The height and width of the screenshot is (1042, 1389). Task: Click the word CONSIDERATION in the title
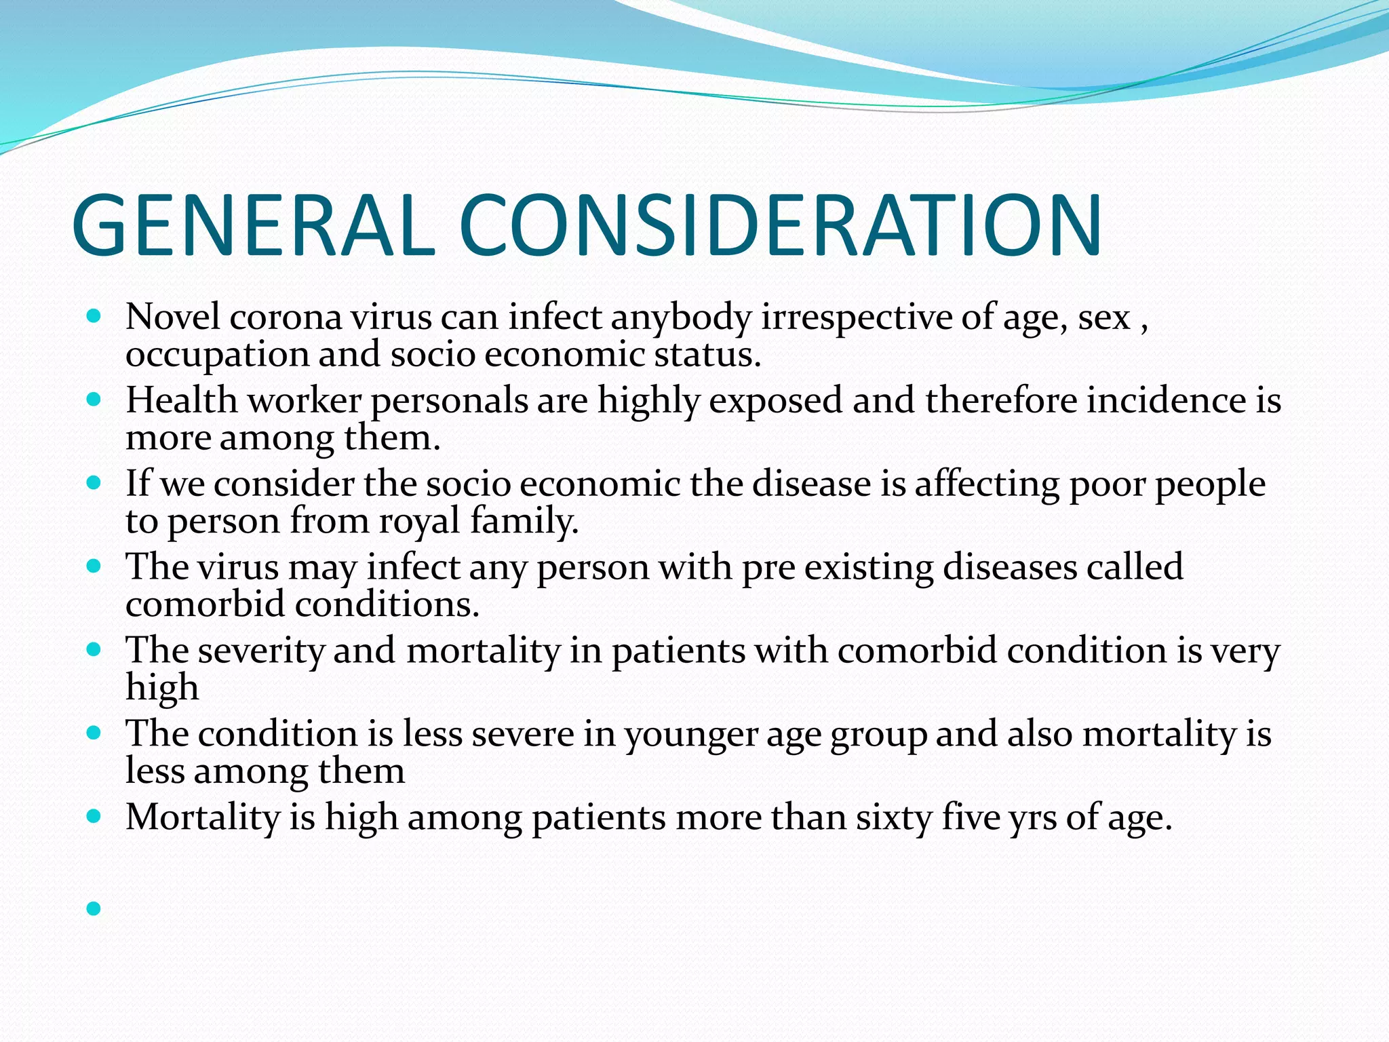click(780, 225)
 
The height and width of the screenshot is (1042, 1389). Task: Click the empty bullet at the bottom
click(94, 908)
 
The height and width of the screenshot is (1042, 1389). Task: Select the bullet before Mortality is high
click(94, 817)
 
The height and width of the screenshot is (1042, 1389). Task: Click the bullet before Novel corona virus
click(94, 316)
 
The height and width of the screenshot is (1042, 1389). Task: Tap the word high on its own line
click(162, 688)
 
